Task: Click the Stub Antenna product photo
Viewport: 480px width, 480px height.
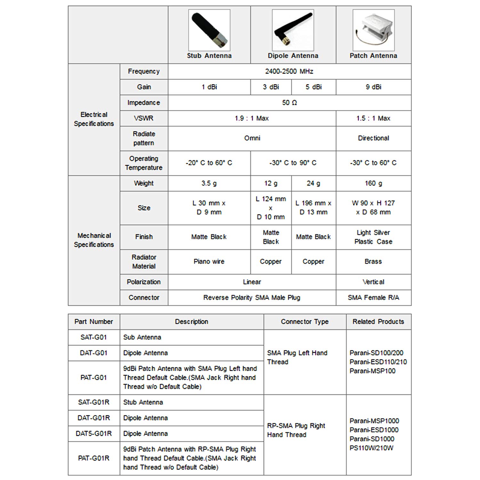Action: click(x=209, y=30)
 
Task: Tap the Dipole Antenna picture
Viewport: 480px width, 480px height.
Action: click(x=293, y=30)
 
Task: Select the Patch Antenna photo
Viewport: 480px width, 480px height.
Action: click(x=373, y=30)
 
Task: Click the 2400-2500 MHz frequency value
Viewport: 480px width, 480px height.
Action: click(x=289, y=71)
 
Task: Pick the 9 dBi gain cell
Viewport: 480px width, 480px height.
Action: click(x=373, y=87)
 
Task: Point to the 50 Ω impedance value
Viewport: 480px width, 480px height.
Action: click(x=289, y=103)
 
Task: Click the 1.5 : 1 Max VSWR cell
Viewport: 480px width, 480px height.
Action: click(x=373, y=118)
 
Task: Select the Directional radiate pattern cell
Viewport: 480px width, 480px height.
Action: click(x=373, y=138)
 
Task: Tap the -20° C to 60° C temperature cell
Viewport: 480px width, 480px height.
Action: click(x=209, y=163)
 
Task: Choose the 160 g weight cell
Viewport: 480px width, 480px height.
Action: click(x=373, y=183)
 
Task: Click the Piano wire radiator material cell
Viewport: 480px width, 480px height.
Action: click(x=209, y=261)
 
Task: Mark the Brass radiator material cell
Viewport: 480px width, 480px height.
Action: click(x=373, y=261)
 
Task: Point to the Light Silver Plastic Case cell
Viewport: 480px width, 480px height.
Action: click(x=373, y=237)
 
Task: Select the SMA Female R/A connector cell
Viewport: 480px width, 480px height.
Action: click(x=373, y=298)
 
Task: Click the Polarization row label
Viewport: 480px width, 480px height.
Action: click(x=144, y=282)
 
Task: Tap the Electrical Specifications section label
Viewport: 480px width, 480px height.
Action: click(x=94, y=119)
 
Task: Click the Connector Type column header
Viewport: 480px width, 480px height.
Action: click(x=305, y=322)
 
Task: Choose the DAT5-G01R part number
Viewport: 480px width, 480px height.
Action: click(x=94, y=434)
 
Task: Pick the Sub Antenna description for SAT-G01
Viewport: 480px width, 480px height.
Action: click(x=142, y=337)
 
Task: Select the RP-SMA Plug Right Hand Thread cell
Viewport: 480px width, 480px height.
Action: click(x=296, y=430)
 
